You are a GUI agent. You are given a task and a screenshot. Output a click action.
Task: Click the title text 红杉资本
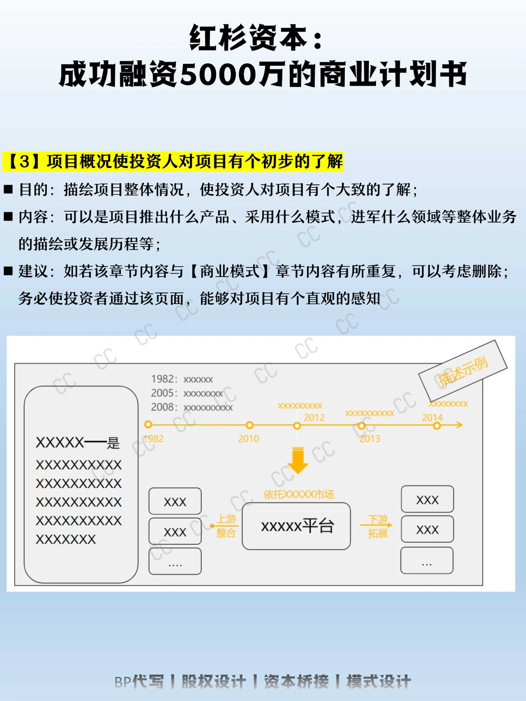point(248,38)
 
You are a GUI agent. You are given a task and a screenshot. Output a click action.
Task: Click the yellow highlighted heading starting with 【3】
point(173,161)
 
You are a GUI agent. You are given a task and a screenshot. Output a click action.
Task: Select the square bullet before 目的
point(8,189)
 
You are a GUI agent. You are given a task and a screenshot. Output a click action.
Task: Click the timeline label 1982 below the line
point(154,438)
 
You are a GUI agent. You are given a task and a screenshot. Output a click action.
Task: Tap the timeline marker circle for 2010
point(249,425)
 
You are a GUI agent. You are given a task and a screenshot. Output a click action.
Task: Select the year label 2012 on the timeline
point(314,417)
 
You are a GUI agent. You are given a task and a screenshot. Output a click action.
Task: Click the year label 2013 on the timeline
point(370,438)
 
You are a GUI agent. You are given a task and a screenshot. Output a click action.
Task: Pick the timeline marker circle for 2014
point(437,426)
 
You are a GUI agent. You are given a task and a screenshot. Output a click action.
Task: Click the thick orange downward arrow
point(298,460)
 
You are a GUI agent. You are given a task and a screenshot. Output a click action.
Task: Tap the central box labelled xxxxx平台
point(296,526)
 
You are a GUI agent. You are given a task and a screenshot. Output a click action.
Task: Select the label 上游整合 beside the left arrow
point(226,526)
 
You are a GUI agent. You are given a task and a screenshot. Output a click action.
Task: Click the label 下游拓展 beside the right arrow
point(378,527)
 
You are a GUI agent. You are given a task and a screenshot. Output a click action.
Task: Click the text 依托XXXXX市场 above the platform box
point(299,495)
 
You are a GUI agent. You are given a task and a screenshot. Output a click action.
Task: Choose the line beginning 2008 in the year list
point(191,407)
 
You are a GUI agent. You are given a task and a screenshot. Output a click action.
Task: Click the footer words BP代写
point(139,682)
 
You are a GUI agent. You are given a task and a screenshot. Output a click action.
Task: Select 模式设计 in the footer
point(379,682)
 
